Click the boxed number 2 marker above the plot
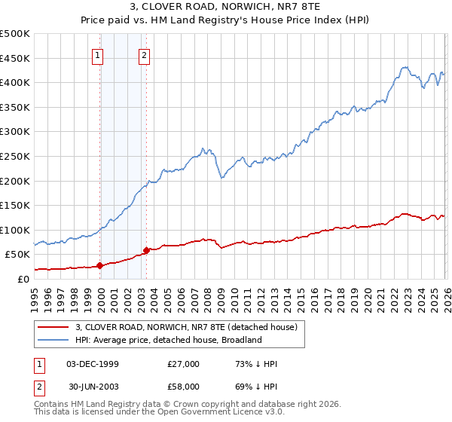(x=144, y=54)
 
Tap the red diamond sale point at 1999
(x=99, y=265)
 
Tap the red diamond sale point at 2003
(x=146, y=250)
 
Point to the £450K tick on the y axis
(x=15, y=58)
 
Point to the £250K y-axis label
(x=15, y=156)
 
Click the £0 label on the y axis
(x=23, y=279)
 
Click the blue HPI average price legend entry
(x=167, y=340)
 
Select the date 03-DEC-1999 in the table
(x=93, y=364)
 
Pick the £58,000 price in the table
(x=184, y=387)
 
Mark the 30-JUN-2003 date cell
(x=93, y=387)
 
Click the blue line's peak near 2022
(x=404, y=67)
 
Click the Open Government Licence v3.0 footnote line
(x=157, y=414)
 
